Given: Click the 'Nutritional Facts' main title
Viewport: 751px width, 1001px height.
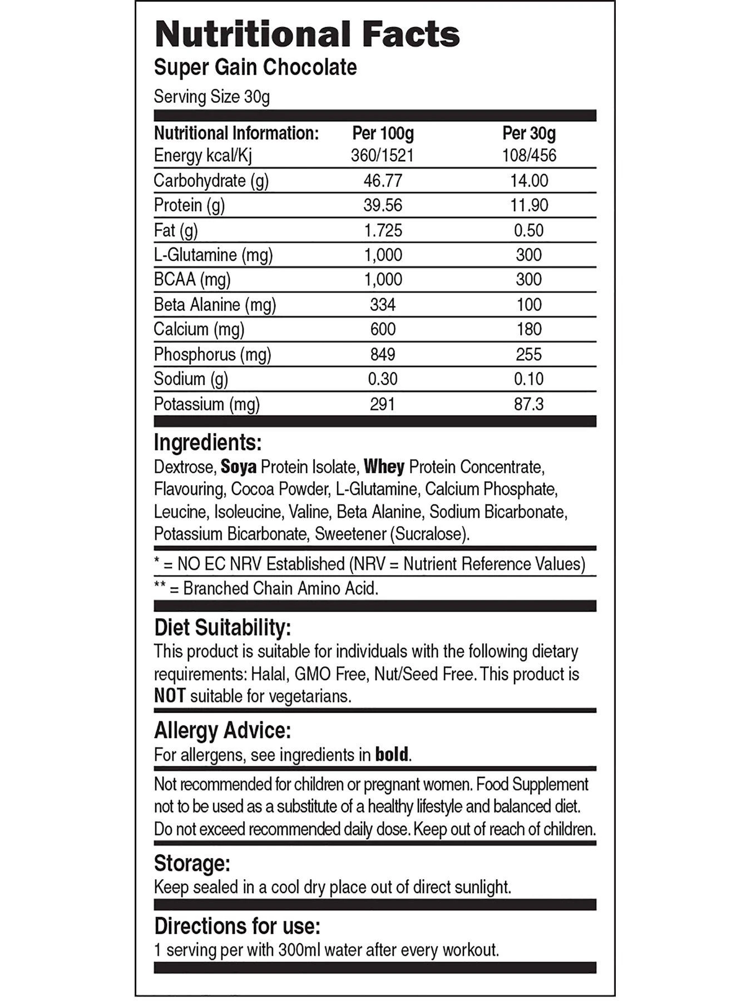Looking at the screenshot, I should pos(307,34).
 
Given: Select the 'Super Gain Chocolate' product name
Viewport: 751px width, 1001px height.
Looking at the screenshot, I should pos(255,67).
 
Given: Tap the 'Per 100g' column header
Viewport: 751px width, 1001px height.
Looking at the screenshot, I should pos(383,133).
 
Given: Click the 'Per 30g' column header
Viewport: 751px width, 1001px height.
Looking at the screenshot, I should pos(528,133).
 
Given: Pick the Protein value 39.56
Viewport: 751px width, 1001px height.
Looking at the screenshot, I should pos(383,205).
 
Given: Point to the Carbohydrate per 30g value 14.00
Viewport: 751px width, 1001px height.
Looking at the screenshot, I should pos(528,181).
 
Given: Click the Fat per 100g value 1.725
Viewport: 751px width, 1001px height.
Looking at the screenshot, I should pos(383,230).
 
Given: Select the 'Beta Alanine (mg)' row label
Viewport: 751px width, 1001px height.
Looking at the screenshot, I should pos(215,305).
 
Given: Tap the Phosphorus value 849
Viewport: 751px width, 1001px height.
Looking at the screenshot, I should pos(383,354).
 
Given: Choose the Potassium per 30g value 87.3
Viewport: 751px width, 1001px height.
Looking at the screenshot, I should pos(528,404).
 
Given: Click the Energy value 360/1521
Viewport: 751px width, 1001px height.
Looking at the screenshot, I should pos(383,155).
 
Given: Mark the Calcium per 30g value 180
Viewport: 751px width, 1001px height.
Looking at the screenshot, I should pos(528,329).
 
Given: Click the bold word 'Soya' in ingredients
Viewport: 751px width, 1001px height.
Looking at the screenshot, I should pos(239,467).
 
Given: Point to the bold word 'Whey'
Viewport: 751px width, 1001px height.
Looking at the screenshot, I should pos(384,467).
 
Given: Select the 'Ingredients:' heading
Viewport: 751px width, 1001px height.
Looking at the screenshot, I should pos(207,443).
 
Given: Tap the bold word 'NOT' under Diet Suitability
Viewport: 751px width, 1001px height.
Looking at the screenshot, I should pos(169,696).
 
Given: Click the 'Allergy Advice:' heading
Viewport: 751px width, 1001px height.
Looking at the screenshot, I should pos(222,730).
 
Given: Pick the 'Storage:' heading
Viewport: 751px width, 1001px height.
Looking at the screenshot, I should pos(192,864).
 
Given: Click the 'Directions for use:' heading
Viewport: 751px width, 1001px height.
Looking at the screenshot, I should pos(237,926).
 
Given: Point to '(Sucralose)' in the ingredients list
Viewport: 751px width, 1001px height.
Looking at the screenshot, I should pos(429,534).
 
